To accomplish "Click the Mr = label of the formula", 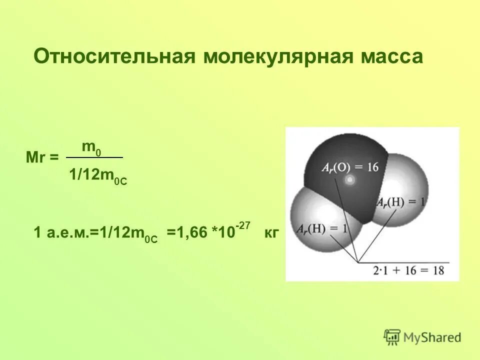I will tap(41, 157).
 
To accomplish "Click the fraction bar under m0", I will tap(94, 157).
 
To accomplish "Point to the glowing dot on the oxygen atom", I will tap(350, 179).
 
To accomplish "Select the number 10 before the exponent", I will tap(227, 233).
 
